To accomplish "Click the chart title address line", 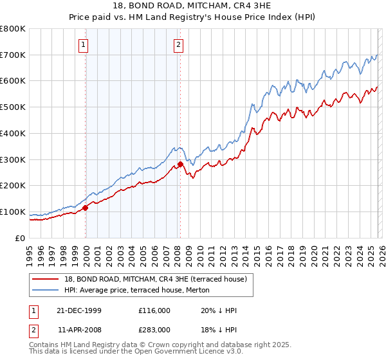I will tap(192, 6).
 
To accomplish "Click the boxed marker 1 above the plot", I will tap(85, 44).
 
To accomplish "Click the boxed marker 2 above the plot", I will tap(178, 44).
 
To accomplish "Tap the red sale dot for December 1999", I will tap(86, 207).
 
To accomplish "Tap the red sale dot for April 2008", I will tap(180, 164).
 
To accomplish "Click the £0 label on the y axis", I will tap(21, 238).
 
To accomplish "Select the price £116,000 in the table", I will tap(154, 310).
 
